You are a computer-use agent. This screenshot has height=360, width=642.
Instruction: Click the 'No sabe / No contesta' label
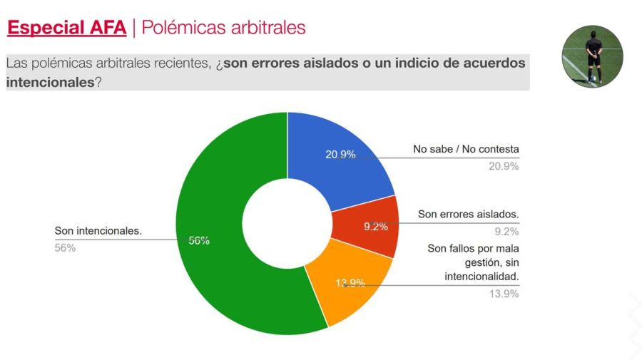pos(466,150)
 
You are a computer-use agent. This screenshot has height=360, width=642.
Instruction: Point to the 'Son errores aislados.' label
pos(468,214)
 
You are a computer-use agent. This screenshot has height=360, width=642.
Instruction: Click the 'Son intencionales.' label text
pos(98,231)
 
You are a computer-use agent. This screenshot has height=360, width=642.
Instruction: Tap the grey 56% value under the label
pos(65,248)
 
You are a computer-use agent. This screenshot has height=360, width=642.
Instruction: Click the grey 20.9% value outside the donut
pos(504,166)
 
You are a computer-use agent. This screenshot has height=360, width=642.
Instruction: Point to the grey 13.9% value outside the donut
pos(504,294)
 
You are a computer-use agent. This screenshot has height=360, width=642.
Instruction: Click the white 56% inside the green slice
pos(199,241)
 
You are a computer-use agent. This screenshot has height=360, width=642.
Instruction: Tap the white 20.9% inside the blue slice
pos(340,155)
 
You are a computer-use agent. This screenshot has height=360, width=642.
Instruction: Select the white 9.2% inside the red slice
pos(375,227)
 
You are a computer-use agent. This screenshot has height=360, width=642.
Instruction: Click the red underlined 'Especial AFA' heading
pos(66,28)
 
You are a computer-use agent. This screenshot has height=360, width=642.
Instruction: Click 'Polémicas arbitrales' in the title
pos(223,28)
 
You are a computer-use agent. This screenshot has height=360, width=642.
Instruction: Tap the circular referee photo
pos(592,57)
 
